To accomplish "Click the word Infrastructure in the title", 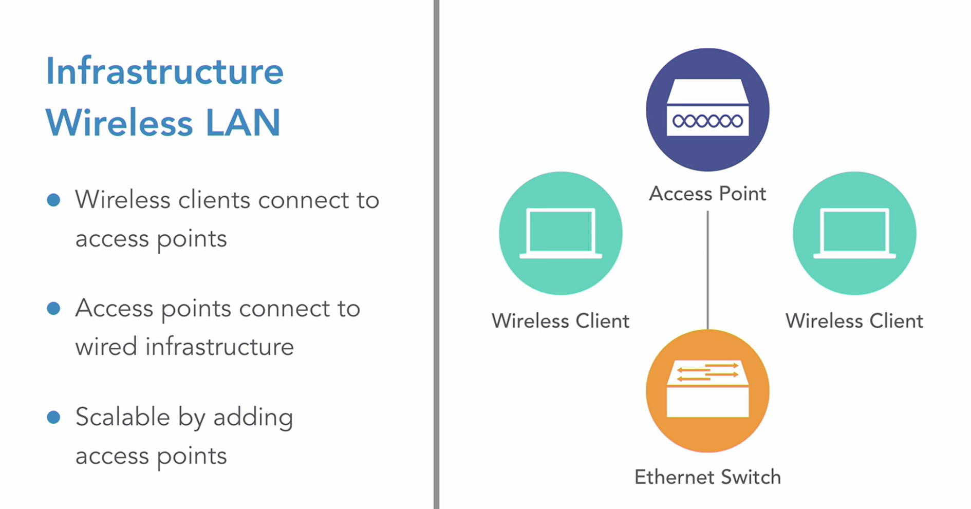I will (x=164, y=71).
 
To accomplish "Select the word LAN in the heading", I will (x=243, y=123).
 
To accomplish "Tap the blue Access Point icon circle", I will (x=707, y=109).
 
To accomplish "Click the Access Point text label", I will (x=707, y=194).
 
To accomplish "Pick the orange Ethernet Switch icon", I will (x=707, y=391).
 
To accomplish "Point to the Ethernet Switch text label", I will (x=707, y=477).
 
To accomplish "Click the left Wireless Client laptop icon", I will (x=561, y=233).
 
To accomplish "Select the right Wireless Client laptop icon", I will (x=854, y=233).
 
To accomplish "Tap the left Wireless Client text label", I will (x=561, y=321).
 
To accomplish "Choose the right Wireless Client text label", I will (x=854, y=321).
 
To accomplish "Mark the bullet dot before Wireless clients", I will (x=53, y=200).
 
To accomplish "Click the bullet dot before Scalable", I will (x=53, y=417).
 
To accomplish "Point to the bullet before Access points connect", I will (x=53, y=308).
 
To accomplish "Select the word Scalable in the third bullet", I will (x=122, y=417).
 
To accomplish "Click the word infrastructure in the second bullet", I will (x=219, y=347).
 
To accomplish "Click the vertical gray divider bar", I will (x=436, y=254).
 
